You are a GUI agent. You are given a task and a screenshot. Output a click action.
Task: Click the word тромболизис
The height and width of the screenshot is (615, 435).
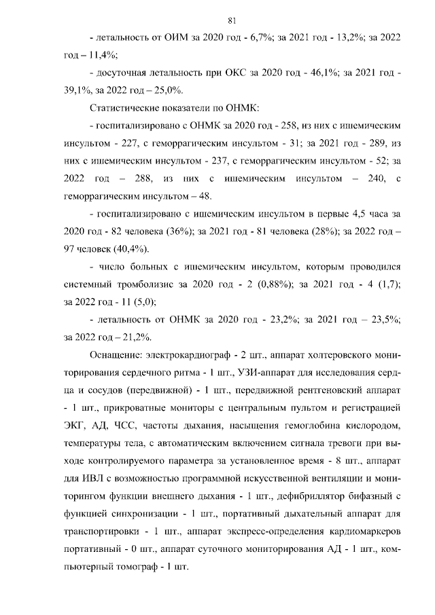click(150, 285)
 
